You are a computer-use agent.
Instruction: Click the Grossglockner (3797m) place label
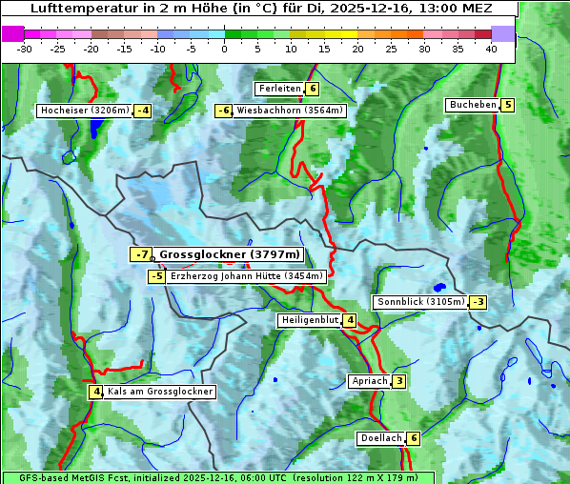point(229,254)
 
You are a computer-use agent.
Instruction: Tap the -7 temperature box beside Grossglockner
point(141,254)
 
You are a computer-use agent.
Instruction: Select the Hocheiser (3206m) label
point(84,111)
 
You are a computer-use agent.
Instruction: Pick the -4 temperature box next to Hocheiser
point(142,111)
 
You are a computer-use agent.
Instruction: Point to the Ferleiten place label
point(279,89)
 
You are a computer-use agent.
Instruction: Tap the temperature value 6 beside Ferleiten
point(313,89)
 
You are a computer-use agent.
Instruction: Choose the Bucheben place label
point(473,105)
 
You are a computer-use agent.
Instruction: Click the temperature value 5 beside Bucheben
point(508,105)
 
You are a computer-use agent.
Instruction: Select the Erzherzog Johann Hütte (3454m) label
point(247,276)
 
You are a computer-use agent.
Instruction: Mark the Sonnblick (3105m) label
point(420,302)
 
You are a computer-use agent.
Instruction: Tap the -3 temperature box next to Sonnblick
point(478,302)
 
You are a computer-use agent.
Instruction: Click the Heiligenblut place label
point(310,320)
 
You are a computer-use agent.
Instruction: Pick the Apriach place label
point(370,381)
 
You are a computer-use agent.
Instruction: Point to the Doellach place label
point(380,438)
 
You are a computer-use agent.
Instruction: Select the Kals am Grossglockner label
point(159,392)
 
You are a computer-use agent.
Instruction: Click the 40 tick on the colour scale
point(491,48)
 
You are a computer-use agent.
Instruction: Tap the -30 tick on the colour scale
point(25,48)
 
